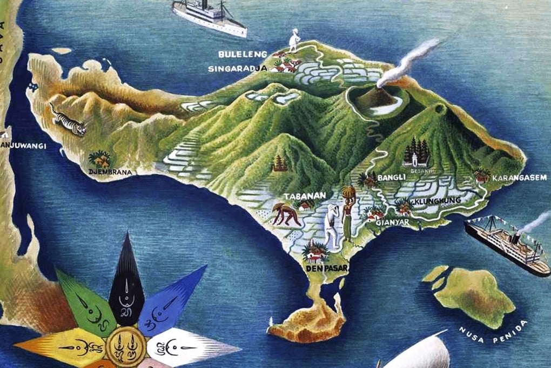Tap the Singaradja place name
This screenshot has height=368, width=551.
(238, 69)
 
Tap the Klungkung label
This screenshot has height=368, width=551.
(438, 201)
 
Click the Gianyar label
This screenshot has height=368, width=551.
(393, 222)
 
